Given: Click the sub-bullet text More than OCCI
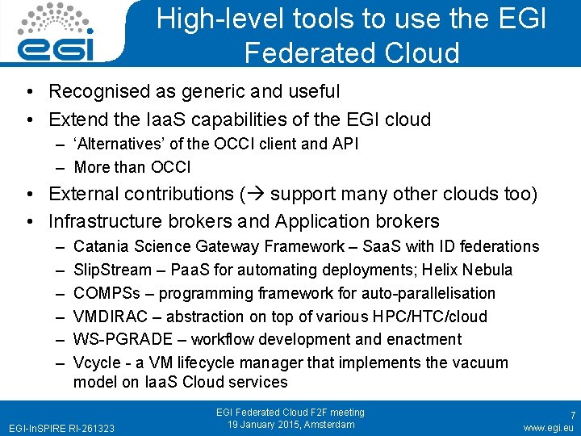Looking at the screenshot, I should click(x=132, y=167).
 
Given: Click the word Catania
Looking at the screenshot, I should click(x=101, y=246).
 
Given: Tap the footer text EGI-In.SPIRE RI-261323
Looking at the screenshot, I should click(x=61, y=427).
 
